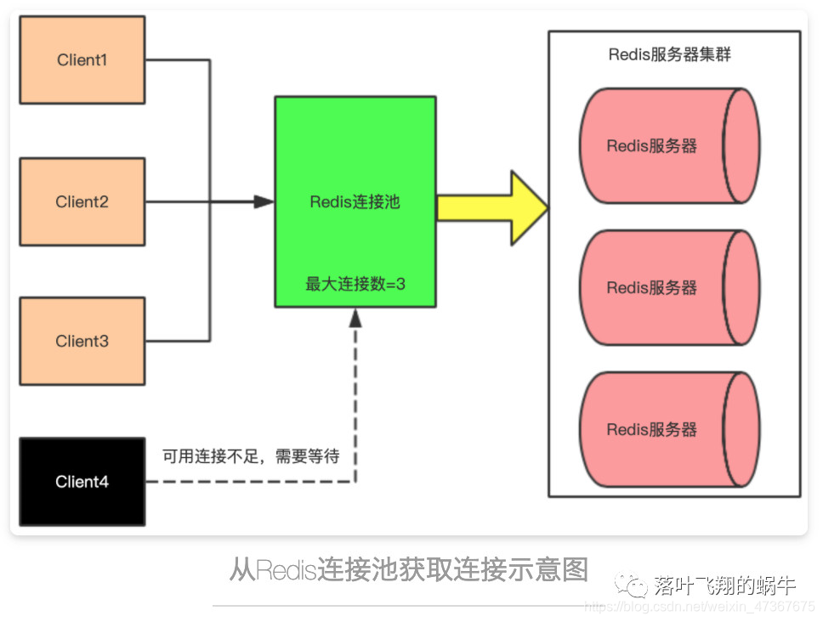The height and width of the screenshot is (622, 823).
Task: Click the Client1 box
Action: (82, 60)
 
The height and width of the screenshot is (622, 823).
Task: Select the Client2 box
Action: (82, 201)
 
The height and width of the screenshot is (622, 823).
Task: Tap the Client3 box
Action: (82, 341)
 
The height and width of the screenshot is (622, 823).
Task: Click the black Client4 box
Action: (82, 482)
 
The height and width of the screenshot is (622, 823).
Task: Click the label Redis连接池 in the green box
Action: (355, 202)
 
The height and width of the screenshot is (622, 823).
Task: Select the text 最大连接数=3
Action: (355, 284)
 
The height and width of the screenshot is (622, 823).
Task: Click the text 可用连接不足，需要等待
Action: (251, 457)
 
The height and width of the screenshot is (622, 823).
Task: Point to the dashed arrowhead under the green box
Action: (355, 317)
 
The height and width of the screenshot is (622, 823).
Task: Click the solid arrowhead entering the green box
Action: (264, 202)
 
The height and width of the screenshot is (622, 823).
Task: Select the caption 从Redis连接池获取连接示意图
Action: (408, 568)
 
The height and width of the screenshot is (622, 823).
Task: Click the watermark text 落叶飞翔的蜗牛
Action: (724, 585)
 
